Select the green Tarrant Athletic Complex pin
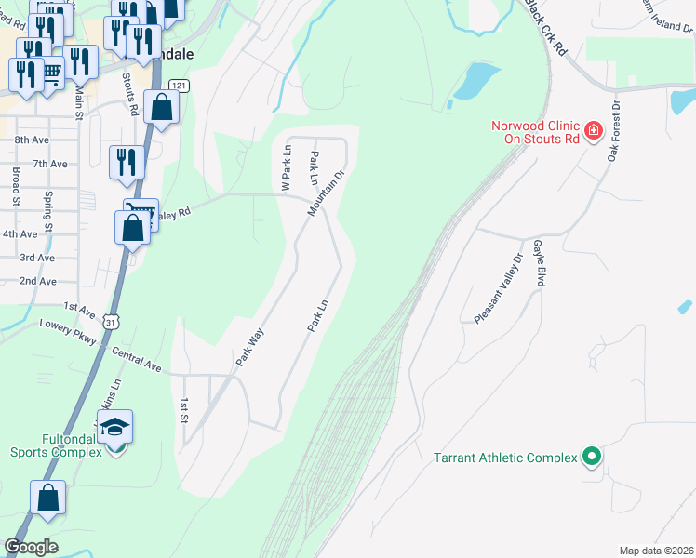[590, 457]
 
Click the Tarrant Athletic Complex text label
[504, 458]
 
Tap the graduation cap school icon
[115, 427]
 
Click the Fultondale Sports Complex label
[56, 445]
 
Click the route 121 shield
[181, 86]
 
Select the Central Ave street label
[138, 360]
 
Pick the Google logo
[31, 547]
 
